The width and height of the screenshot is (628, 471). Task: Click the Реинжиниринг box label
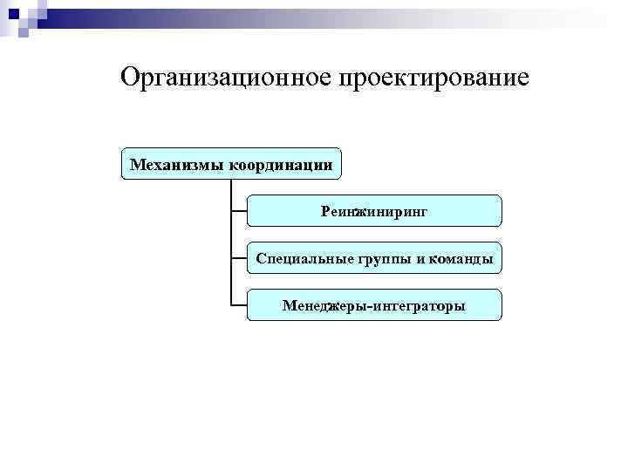pyautogui.click(x=374, y=211)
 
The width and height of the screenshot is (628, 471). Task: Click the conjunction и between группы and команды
pyautogui.click(x=415, y=259)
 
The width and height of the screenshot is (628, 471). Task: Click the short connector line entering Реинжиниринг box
pyautogui.click(x=239, y=211)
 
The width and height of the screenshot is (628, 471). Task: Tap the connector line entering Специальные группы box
pyautogui.click(x=239, y=258)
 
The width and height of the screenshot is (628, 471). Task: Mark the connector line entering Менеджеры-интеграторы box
pyautogui.click(x=239, y=305)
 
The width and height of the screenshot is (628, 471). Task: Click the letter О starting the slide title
pyautogui.click(x=130, y=78)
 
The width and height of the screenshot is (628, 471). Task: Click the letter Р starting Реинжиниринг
pyautogui.click(x=325, y=211)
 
